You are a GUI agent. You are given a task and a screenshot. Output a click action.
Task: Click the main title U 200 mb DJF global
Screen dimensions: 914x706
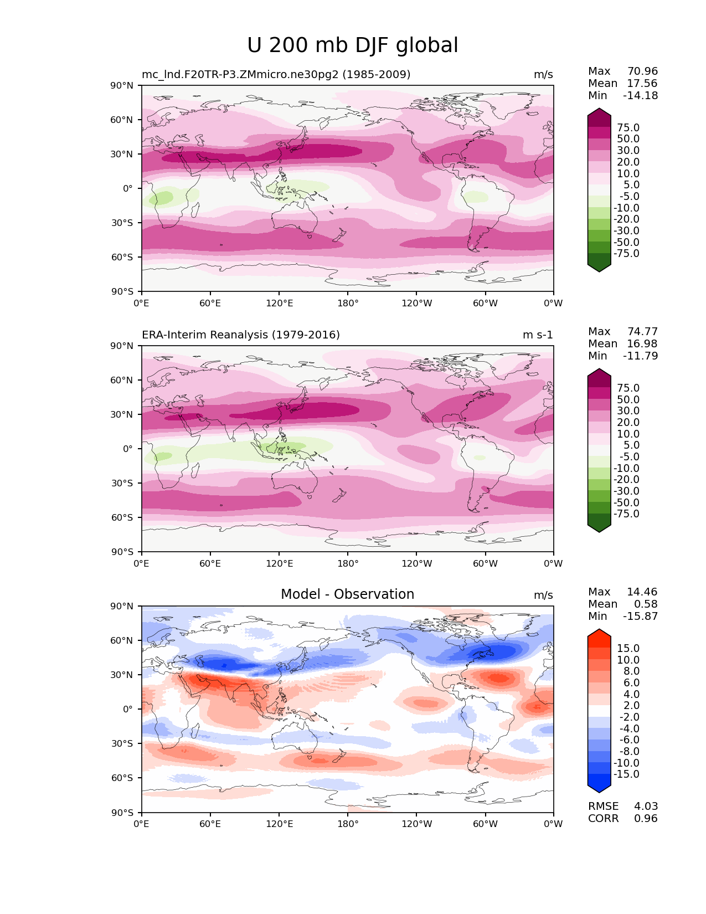click(352, 45)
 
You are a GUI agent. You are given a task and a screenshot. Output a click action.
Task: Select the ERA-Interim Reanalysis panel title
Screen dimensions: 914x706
click(241, 335)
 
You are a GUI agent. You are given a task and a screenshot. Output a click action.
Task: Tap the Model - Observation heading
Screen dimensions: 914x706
click(347, 594)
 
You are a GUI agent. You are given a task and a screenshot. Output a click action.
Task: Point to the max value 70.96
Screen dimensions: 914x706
click(642, 71)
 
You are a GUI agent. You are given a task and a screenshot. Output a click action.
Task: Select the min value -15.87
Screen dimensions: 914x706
click(641, 617)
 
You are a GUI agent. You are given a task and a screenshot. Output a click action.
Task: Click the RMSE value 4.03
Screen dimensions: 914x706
click(646, 807)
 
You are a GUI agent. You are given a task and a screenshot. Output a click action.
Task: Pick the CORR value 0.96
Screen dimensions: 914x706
click(646, 819)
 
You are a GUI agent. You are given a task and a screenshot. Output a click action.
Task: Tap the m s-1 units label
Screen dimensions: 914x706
click(538, 335)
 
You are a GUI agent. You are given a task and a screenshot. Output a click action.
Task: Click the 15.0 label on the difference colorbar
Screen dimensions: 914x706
click(628, 649)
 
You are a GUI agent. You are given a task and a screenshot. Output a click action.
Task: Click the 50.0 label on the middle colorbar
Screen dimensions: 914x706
click(628, 400)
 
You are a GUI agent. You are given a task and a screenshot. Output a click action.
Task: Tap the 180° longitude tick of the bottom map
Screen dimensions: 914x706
click(348, 824)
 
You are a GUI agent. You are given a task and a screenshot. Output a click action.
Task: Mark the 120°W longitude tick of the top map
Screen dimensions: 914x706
click(416, 304)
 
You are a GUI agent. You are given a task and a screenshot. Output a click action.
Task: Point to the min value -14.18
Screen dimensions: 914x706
click(641, 96)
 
